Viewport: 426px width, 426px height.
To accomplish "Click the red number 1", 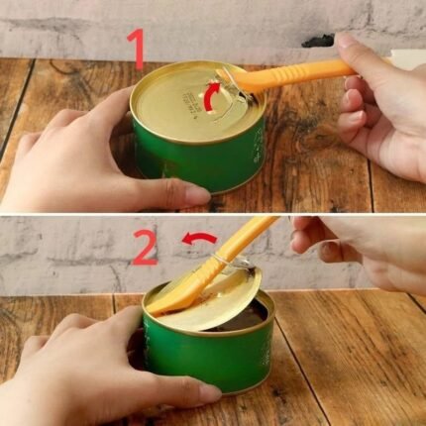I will coord(138,47).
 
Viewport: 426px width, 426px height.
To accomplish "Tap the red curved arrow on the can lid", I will coord(211,96).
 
